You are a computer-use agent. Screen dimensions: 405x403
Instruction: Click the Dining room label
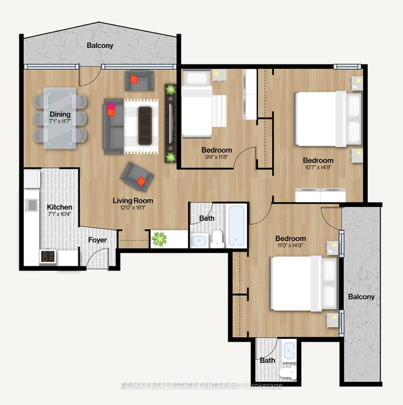click(59, 114)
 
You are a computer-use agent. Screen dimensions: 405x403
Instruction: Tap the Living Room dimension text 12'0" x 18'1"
click(133, 208)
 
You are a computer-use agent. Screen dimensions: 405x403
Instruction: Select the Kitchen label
click(59, 207)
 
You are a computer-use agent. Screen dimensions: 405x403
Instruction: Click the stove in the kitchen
click(47, 256)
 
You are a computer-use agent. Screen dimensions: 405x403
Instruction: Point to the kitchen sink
click(32, 204)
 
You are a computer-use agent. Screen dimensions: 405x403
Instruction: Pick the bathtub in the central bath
click(236, 225)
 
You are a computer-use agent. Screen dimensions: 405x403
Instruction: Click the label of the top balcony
click(100, 45)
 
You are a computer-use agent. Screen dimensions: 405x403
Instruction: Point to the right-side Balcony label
click(361, 296)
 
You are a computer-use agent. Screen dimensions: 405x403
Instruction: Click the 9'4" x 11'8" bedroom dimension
click(217, 157)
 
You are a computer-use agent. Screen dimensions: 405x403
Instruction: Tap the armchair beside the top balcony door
click(139, 80)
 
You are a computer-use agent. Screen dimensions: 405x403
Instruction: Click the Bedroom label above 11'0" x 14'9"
click(290, 238)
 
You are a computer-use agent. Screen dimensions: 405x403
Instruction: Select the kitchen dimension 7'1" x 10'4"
click(59, 215)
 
